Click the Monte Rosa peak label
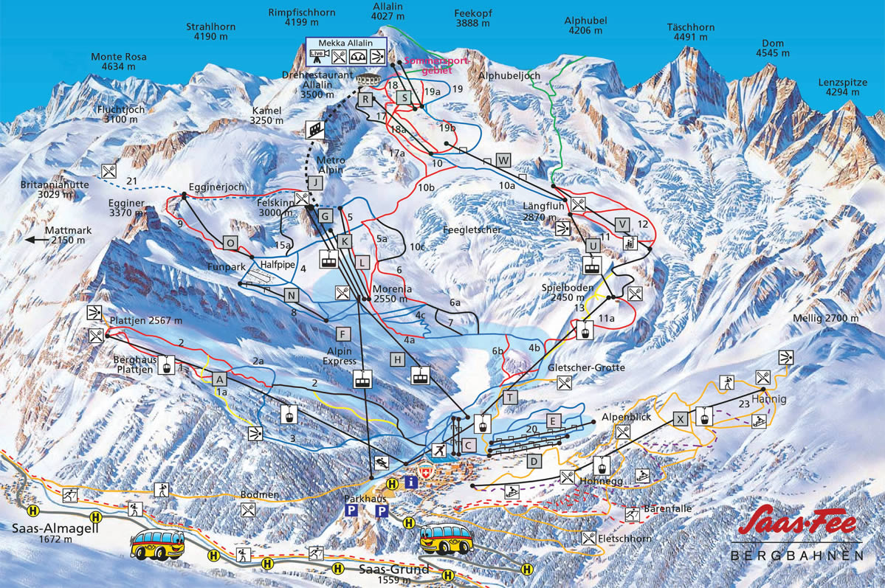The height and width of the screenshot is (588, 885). [119, 62]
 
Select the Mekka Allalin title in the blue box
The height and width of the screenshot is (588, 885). [346, 42]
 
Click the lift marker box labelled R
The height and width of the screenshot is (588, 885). [365, 99]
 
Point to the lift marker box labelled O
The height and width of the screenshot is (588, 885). [231, 242]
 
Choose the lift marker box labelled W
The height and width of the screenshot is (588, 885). [503, 160]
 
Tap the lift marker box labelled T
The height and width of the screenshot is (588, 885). [509, 398]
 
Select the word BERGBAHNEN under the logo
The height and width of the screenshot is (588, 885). [797, 555]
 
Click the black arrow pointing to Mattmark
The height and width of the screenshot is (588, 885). [35, 240]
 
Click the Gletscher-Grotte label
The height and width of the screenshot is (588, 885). [586, 367]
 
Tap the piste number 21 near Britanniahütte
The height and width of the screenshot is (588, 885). [133, 181]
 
